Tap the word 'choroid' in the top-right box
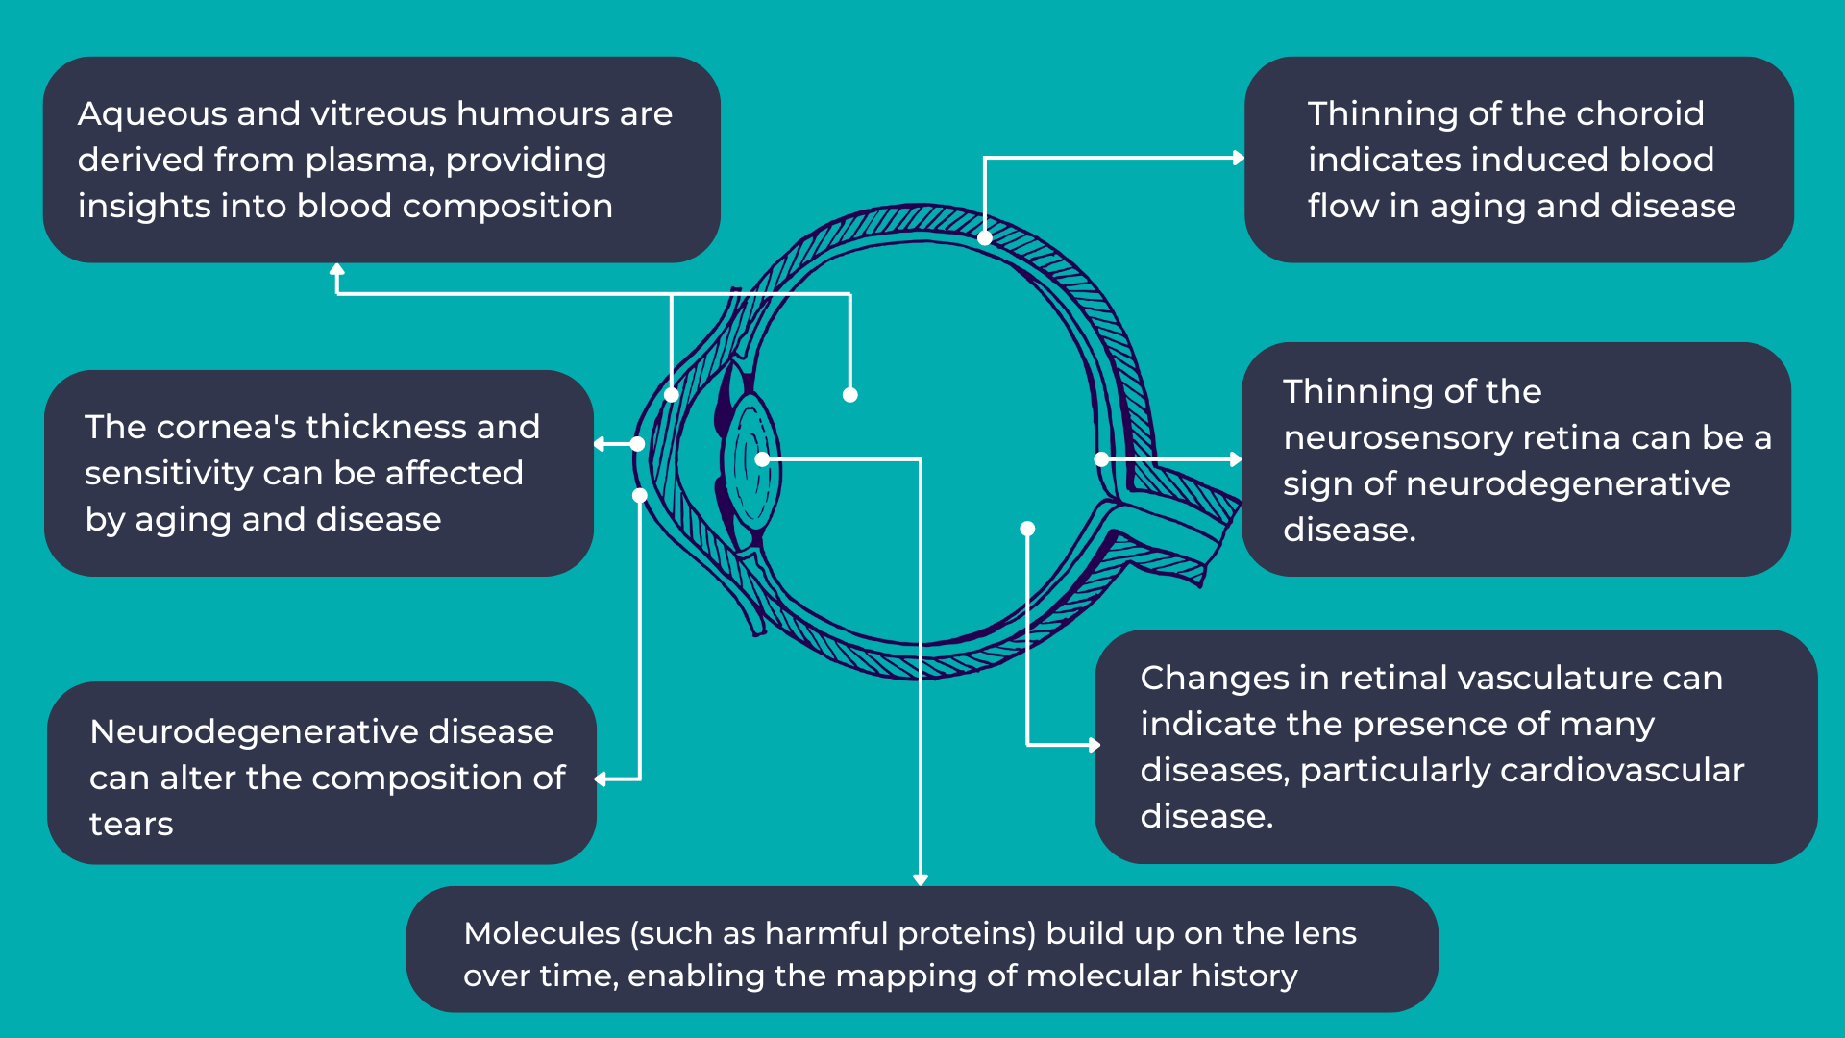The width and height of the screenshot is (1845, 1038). pyautogui.click(x=1639, y=114)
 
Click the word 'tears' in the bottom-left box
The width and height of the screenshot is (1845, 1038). pyautogui.click(x=131, y=825)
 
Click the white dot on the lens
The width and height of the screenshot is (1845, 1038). pyautogui.click(x=762, y=459)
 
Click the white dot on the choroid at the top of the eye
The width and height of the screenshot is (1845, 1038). pyautogui.click(x=985, y=237)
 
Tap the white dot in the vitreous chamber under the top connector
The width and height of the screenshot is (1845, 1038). pyautogui.click(x=849, y=394)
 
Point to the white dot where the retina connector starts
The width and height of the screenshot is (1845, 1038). pyautogui.click(x=1101, y=459)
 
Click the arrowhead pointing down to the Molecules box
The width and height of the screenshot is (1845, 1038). pyautogui.click(x=921, y=878)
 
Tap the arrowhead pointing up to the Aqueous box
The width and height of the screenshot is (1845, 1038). pyautogui.click(x=336, y=270)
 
